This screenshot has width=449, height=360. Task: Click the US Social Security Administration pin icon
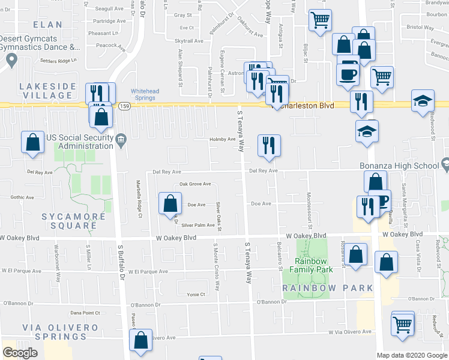click(x=121, y=140)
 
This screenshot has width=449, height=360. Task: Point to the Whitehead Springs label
click(x=145, y=95)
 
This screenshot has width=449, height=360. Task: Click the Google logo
click(x=20, y=353)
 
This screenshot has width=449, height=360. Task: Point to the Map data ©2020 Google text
click(x=412, y=355)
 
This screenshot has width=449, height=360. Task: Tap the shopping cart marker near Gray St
click(x=320, y=20)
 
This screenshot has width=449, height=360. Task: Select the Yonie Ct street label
click(x=196, y=295)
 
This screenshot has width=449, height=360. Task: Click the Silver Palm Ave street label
click(x=198, y=225)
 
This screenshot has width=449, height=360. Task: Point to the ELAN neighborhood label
click(x=48, y=25)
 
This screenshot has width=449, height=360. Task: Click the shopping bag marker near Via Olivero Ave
click(x=140, y=340)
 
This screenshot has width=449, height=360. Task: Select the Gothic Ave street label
click(x=23, y=197)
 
